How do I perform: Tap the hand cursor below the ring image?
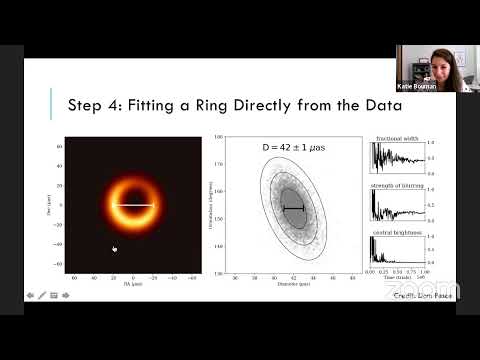[x=114, y=249]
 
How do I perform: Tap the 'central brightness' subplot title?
[x=394, y=231]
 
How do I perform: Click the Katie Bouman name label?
[x=424, y=87]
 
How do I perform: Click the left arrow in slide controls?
[x=29, y=295]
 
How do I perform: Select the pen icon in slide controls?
[x=41, y=295]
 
